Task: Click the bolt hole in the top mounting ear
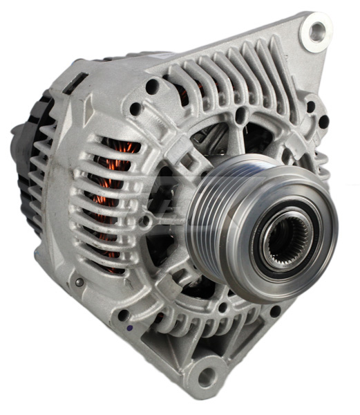318,30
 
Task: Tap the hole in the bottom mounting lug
205,377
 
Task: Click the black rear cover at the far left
28,152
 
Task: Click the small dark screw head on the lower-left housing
79,282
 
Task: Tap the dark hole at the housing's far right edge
323,123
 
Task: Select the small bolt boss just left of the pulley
145,221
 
